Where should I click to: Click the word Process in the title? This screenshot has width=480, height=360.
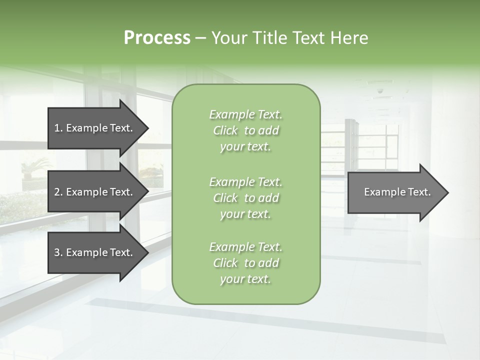pos(157,37)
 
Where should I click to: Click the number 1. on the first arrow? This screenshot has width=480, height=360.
pos(58,128)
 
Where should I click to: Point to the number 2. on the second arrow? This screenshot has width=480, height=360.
pos(58,192)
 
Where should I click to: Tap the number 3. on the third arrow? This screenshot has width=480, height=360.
pos(58,252)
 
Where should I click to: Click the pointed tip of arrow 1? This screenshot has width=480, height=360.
pos(146,128)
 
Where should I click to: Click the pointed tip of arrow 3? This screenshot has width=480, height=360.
pos(146,252)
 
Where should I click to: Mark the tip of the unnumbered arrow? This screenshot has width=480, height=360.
pos(446,192)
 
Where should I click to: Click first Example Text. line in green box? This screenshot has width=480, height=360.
pos(245,114)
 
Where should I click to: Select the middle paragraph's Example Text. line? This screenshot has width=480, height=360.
pos(245,181)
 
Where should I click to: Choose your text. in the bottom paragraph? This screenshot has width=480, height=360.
pos(245,279)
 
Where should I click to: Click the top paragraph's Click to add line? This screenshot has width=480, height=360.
pos(245,130)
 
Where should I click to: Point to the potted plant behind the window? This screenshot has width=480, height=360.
pos(35,167)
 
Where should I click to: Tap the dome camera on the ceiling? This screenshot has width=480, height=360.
pos(380,91)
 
